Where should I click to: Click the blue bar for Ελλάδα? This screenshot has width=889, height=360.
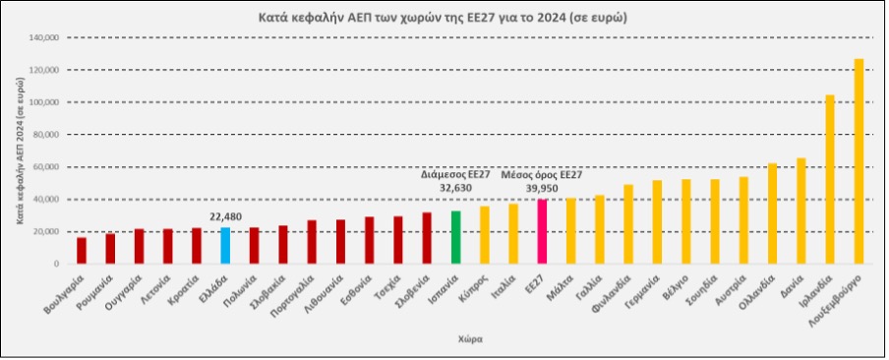(225, 246)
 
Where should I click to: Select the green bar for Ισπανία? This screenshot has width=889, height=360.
(455, 238)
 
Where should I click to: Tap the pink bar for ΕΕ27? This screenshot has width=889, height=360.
(542, 232)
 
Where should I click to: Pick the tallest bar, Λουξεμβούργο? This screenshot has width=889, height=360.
(859, 162)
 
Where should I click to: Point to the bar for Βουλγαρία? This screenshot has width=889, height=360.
(82, 251)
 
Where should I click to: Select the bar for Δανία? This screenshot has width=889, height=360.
(801, 211)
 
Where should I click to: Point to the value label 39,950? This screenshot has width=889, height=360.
(542, 188)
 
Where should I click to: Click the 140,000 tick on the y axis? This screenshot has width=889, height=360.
(46, 38)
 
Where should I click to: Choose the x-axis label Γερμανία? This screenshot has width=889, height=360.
(643, 292)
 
